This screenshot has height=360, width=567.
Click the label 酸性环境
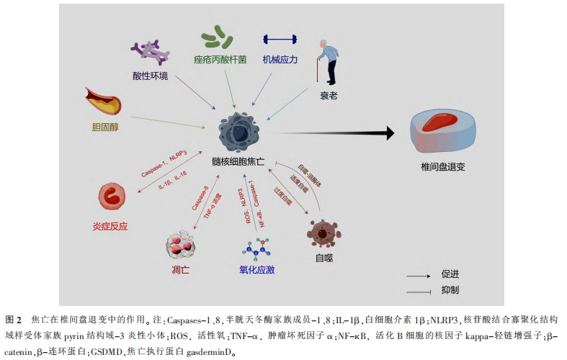tap(151, 76)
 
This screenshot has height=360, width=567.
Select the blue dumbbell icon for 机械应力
tap(280, 39)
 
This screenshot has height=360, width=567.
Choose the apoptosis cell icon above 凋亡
tap(182, 244)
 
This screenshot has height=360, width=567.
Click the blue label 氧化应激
tap(257, 270)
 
